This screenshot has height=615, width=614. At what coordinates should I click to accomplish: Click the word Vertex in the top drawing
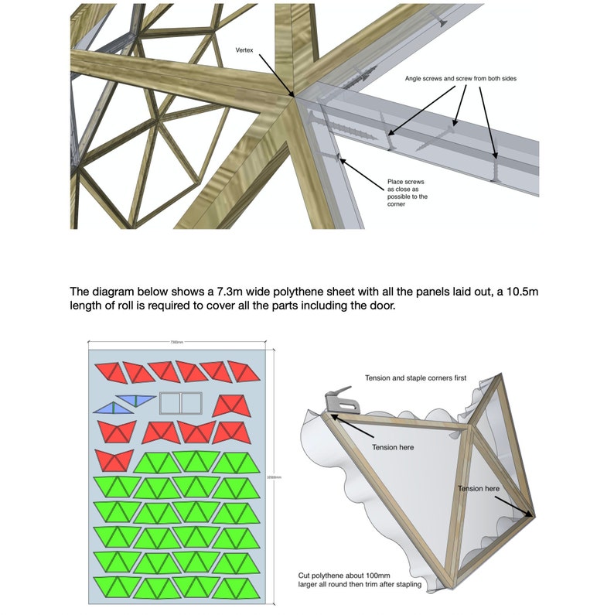tap(246, 50)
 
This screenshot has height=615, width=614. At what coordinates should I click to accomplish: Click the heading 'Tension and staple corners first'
tap(415, 378)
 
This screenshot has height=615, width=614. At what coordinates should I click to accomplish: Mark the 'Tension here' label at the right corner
tap(478, 489)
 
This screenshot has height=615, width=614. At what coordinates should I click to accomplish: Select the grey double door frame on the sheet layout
tap(180, 403)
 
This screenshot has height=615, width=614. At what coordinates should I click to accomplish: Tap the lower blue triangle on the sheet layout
tap(108, 407)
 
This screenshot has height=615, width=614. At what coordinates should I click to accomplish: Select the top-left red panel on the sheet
tap(110, 372)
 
